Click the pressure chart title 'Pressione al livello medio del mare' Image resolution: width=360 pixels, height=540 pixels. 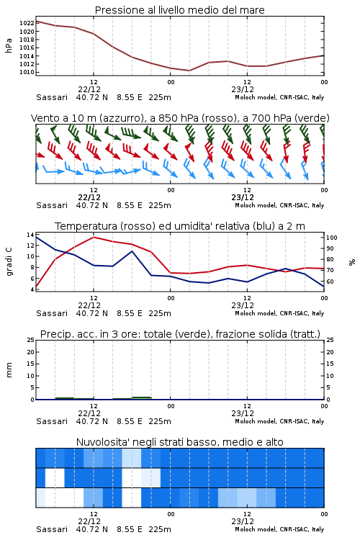click(x=179, y=10)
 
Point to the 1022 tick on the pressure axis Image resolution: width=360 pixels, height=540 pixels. click(x=27, y=23)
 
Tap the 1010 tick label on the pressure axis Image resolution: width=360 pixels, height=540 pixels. click(x=27, y=72)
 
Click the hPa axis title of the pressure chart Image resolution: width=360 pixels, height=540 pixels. click(x=9, y=45)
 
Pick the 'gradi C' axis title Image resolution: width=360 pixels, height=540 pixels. click(x=9, y=261)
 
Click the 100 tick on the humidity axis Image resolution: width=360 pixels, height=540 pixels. click(x=332, y=238)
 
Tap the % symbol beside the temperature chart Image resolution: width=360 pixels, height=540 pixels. click(x=352, y=262)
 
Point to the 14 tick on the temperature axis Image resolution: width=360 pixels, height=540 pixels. click(x=30, y=235)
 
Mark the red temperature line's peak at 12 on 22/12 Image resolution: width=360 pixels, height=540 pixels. click(x=94, y=237)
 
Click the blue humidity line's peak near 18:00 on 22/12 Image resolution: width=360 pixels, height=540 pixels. click(x=132, y=251)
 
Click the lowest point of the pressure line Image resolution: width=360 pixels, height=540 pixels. click(x=189, y=71)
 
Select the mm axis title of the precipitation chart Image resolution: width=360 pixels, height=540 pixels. click(x=9, y=370)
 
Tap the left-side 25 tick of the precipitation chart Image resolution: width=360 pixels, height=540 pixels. click(x=30, y=340)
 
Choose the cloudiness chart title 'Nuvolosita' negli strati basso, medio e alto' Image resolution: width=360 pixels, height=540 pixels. click(x=179, y=442)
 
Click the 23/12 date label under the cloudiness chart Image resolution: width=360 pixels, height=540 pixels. click(x=243, y=521)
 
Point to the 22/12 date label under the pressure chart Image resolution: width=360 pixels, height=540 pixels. click(x=89, y=89)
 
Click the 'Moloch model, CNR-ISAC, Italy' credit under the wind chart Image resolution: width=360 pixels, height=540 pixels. click(x=279, y=205)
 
